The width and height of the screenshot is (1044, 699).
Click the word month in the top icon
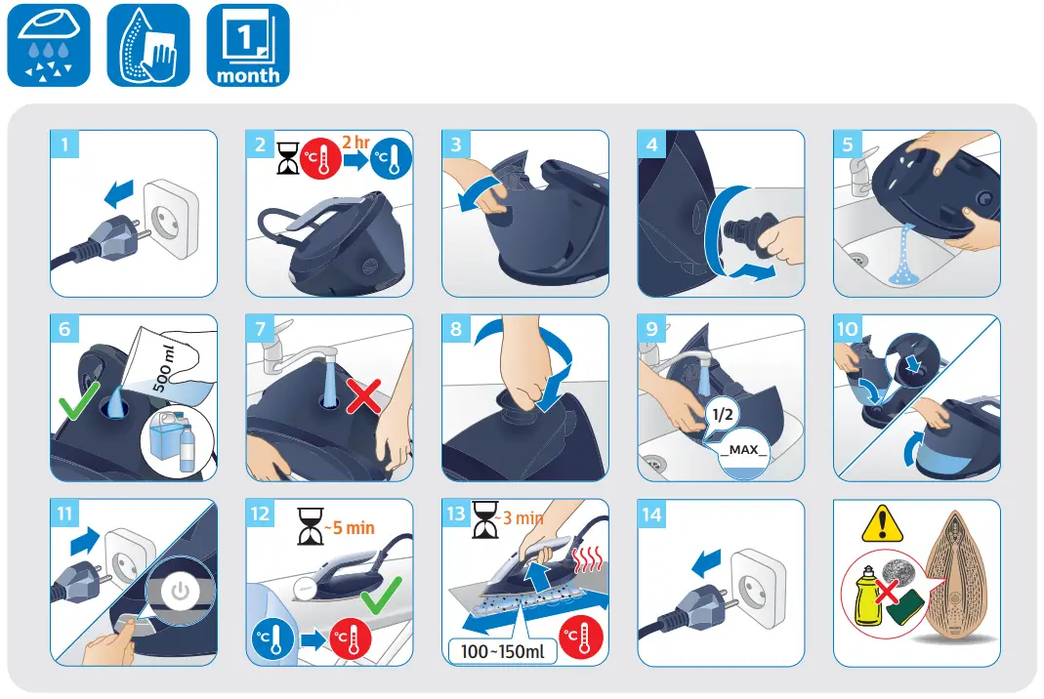click(x=248, y=75)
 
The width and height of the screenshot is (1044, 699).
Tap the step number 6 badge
click(x=65, y=330)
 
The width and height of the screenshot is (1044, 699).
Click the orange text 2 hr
click(x=355, y=144)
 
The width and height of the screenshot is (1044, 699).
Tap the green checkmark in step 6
click(x=76, y=401)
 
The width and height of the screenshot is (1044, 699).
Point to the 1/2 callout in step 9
click(x=721, y=415)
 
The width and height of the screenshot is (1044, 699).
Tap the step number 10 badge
click(x=848, y=330)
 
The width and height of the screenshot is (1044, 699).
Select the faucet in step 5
click(x=856, y=179)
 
